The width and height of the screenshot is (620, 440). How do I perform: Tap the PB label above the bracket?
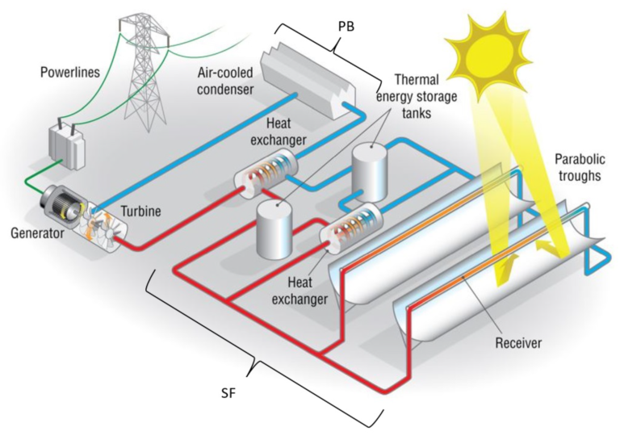pos(346,25)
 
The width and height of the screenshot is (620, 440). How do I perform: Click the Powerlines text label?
pos(71,73)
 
